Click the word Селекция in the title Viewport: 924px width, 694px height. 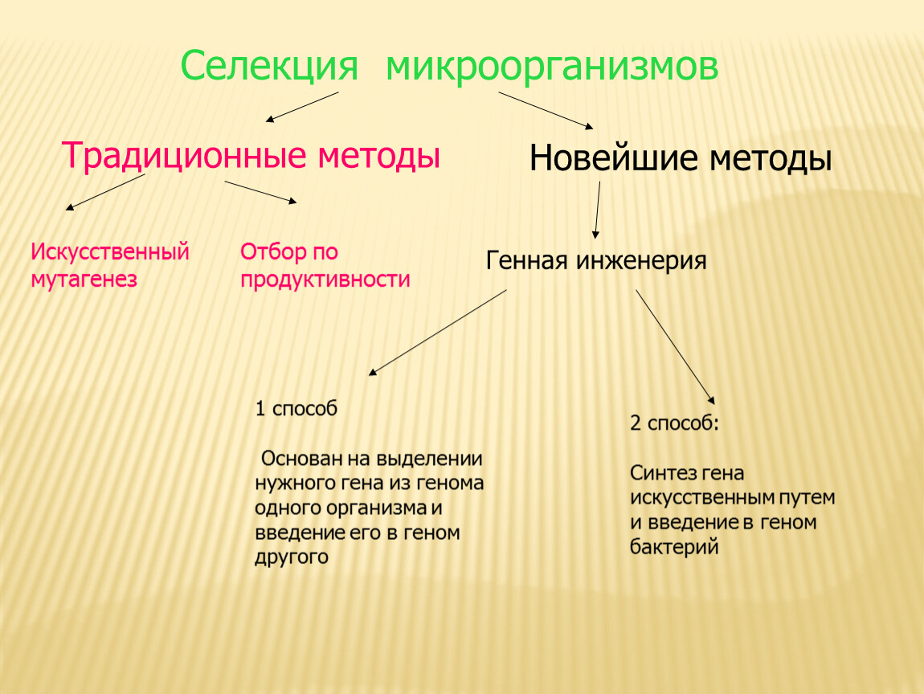pyautogui.click(x=269, y=66)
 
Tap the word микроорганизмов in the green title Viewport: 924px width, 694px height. pyautogui.click(x=551, y=66)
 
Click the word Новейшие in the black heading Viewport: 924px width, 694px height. pyautogui.click(x=613, y=158)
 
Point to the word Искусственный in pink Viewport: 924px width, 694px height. pyautogui.click(x=110, y=251)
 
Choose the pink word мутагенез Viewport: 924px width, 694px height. pyautogui.click(x=84, y=280)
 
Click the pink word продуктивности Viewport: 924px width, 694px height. pyautogui.click(x=325, y=280)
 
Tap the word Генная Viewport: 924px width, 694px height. pyautogui.click(x=526, y=259)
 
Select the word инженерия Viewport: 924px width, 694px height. pyautogui.click(x=640, y=260)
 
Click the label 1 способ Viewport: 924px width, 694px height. pyautogui.click(x=296, y=408)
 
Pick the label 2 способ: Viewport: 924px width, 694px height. pyautogui.click(x=674, y=423)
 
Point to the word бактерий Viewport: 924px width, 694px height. pyautogui.click(x=674, y=547)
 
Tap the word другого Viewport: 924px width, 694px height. pyautogui.click(x=292, y=557)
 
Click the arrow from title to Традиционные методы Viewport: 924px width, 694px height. pyautogui.click(x=302, y=107)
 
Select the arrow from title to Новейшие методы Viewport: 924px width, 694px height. pyautogui.click(x=546, y=110)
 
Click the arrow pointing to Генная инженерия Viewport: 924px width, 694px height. pyautogui.click(x=597, y=210)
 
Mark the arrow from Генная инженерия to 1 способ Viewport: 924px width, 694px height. pyautogui.click(x=437, y=333)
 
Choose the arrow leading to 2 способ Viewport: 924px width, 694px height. pyautogui.click(x=675, y=346)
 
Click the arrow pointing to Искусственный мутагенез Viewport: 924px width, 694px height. pyautogui.click(x=105, y=192)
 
